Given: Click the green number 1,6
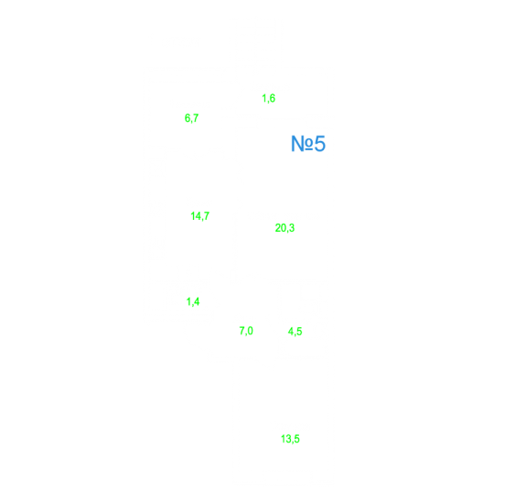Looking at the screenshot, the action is pyautogui.click(x=268, y=98).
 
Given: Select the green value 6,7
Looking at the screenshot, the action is pyautogui.click(x=191, y=118).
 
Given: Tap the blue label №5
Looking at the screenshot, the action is pyautogui.click(x=308, y=144).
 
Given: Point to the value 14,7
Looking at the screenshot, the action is pyautogui.click(x=200, y=216).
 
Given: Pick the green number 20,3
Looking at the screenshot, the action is pyautogui.click(x=284, y=228).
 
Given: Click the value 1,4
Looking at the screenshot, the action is pyautogui.click(x=193, y=301).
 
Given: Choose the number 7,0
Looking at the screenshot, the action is pyautogui.click(x=246, y=331).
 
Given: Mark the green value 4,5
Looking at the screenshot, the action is pyautogui.click(x=295, y=332).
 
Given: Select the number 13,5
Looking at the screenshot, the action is pyautogui.click(x=290, y=439).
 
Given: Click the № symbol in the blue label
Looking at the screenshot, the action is pyautogui.click(x=302, y=144).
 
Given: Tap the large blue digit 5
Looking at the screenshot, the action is pyautogui.click(x=319, y=144).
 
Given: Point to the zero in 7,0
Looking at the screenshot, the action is pyautogui.click(x=251, y=331).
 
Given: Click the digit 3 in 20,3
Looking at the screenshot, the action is pyautogui.click(x=292, y=228).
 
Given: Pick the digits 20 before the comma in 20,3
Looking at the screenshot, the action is pyautogui.click(x=281, y=228).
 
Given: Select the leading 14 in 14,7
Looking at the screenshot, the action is pyautogui.click(x=195, y=215).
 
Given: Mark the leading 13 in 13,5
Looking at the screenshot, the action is pyautogui.click(x=285, y=439).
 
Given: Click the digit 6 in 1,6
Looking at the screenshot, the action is pyautogui.click(x=272, y=98).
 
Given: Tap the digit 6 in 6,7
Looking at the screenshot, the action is pyautogui.click(x=188, y=118).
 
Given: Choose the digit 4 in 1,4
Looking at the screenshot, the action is pyautogui.click(x=197, y=301).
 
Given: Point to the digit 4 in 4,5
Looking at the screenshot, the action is pyautogui.click(x=291, y=332).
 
